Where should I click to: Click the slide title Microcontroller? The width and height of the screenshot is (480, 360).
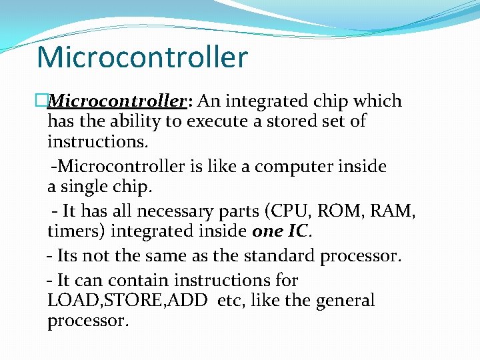point(142,57)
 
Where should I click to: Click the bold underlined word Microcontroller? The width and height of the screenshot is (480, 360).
point(117,101)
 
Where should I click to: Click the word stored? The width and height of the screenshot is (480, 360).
point(275,121)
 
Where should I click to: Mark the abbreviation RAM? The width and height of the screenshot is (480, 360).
point(392,211)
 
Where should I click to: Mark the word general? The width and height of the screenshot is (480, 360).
point(345,301)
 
